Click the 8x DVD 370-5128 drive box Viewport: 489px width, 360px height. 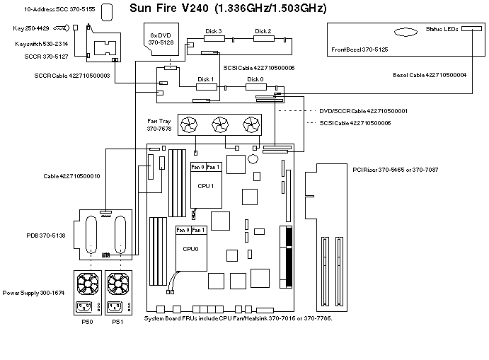coord(163,38)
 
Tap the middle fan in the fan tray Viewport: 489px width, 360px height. coord(219,125)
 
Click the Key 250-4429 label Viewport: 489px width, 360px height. coord(30,28)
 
